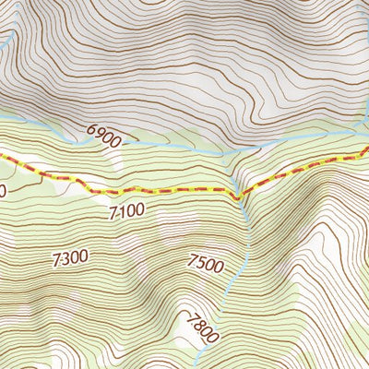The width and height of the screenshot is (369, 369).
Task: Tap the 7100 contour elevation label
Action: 125,210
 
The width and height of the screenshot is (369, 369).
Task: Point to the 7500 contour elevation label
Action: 205,264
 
